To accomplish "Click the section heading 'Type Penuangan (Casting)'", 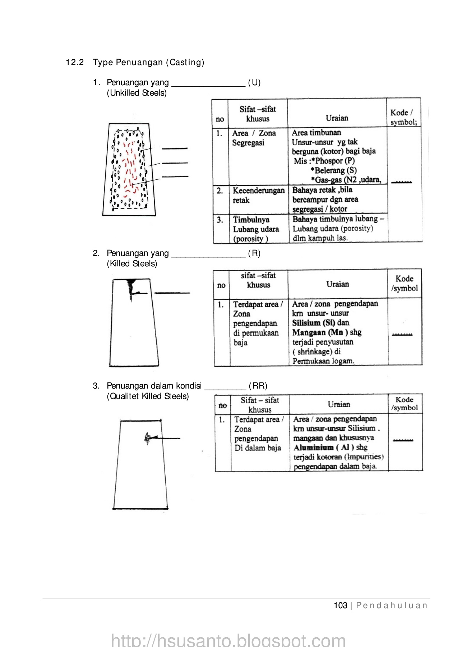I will pos(148,63).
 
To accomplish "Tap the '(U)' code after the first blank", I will pos(254,83).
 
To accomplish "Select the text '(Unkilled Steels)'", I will pos(137,93).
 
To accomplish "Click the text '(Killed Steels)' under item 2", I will pos(132,264).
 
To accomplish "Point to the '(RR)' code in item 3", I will pos(258,386).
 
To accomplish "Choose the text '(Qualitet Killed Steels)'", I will pos(148,396).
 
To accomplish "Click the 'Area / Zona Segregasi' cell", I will pos(254,138).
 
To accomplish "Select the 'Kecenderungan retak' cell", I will pos(258,195).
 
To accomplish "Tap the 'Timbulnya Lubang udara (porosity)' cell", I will pos(256,229).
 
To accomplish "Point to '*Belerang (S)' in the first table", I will pos(334,170).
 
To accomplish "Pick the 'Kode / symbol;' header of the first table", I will pos(403,117).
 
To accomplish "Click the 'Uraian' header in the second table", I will pos(337,284).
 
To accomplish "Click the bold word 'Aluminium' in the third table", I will pos(313,448).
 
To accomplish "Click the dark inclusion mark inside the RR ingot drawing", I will pos(148,438).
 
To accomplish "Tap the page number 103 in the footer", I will pos(340,606).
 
